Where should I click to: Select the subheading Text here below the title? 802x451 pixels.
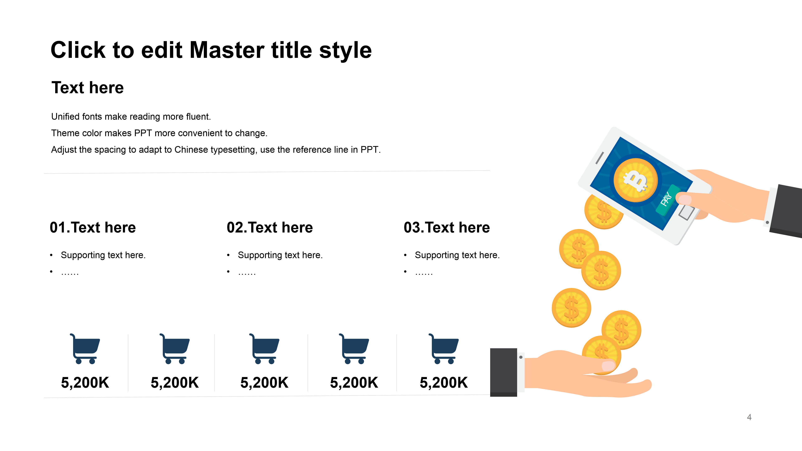(x=88, y=87)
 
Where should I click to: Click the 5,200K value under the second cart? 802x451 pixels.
(x=175, y=383)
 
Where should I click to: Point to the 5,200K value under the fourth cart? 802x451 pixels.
(x=354, y=383)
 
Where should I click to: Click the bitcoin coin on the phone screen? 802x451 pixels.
(x=635, y=180)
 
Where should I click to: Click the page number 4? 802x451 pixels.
(x=749, y=417)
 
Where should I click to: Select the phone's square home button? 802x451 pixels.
(x=687, y=212)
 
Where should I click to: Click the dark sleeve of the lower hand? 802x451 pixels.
(x=503, y=372)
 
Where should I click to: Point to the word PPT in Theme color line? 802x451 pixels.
(x=143, y=133)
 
